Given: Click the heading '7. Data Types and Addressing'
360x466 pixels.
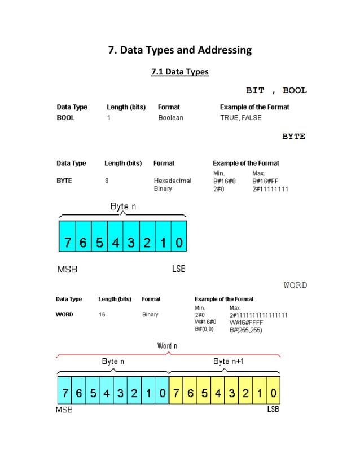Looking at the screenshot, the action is point(179,50).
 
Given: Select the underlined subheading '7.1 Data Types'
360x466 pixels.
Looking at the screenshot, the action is point(179,72).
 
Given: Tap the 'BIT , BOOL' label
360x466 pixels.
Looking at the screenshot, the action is point(276,90).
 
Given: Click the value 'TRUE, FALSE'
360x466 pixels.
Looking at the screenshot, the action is point(240,118).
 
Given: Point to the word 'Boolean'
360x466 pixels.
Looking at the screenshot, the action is point(170,118).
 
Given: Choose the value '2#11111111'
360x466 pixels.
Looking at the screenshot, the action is point(270,189).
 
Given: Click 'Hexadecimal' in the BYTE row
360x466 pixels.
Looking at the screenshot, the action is point(173,181).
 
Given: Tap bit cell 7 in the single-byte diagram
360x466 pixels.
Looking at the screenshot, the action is point(68,243).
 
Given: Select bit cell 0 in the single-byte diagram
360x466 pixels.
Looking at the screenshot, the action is point(179,243).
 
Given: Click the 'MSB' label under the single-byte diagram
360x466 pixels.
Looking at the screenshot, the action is point(67,269).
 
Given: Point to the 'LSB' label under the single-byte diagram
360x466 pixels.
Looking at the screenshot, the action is point(179,269).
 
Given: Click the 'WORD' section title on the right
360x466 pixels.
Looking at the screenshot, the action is point(295,285).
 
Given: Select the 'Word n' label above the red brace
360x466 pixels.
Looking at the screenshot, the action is point(167,345).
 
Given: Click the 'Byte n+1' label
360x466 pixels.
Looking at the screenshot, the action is point(228,362).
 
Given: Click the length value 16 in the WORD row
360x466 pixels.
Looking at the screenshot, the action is point(102,314).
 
